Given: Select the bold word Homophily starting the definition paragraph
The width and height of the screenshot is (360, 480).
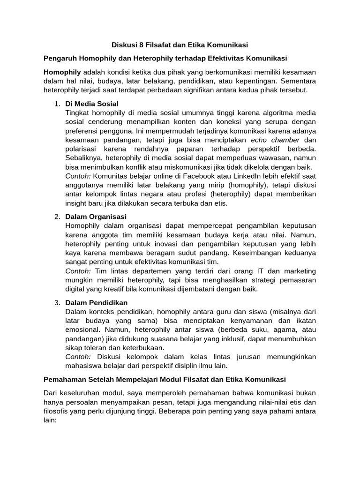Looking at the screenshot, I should pyautogui.click(x=62, y=72).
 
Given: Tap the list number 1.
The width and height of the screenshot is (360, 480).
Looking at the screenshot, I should pyautogui.click(x=56, y=103).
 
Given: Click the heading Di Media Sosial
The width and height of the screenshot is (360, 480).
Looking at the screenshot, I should pyautogui.click(x=92, y=103).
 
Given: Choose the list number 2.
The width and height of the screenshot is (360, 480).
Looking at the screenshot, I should pyautogui.click(x=56, y=216).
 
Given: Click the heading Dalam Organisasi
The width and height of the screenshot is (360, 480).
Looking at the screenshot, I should pyautogui.click(x=96, y=216).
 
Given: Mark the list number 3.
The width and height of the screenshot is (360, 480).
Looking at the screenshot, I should pyautogui.click(x=56, y=302).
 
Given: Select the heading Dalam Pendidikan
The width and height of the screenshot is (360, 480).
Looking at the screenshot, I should pyautogui.click(x=97, y=302).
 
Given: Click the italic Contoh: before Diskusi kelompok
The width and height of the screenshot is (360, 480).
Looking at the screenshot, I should pyautogui.click(x=79, y=357).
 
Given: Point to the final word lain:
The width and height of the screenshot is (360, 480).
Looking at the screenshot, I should pyautogui.click(x=50, y=420).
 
